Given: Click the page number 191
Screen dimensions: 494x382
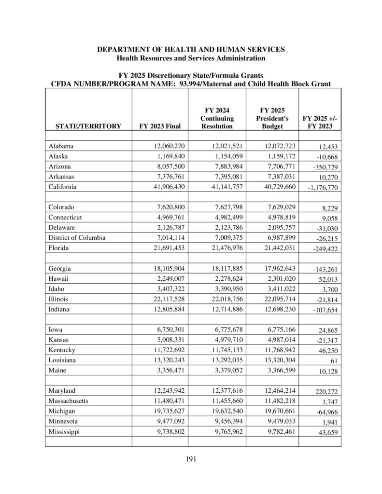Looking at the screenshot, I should [x=191, y=459].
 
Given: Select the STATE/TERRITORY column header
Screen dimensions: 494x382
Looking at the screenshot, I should [x=88, y=126].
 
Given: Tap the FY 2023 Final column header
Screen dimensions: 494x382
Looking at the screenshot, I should [x=160, y=126].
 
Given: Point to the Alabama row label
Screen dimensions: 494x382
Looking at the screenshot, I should [x=61, y=146].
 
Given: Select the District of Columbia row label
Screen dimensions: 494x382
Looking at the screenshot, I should [x=77, y=237].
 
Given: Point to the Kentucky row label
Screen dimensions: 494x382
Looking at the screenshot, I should [x=62, y=350].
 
